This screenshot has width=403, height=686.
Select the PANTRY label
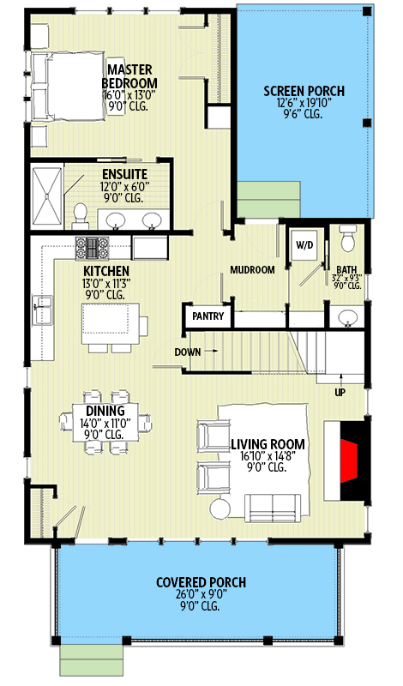point(208,316)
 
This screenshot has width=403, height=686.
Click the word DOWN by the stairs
point(188,352)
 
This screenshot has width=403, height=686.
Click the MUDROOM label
point(252,270)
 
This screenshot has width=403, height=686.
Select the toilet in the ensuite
point(80,212)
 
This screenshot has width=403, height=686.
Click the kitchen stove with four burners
point(89,248)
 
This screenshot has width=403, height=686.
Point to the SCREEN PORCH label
point(304,91)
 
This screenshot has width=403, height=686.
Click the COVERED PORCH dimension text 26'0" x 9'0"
point(201,594)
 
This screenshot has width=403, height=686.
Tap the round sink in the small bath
point(348,320)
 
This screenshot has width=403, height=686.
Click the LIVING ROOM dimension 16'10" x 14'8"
point(269,456)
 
